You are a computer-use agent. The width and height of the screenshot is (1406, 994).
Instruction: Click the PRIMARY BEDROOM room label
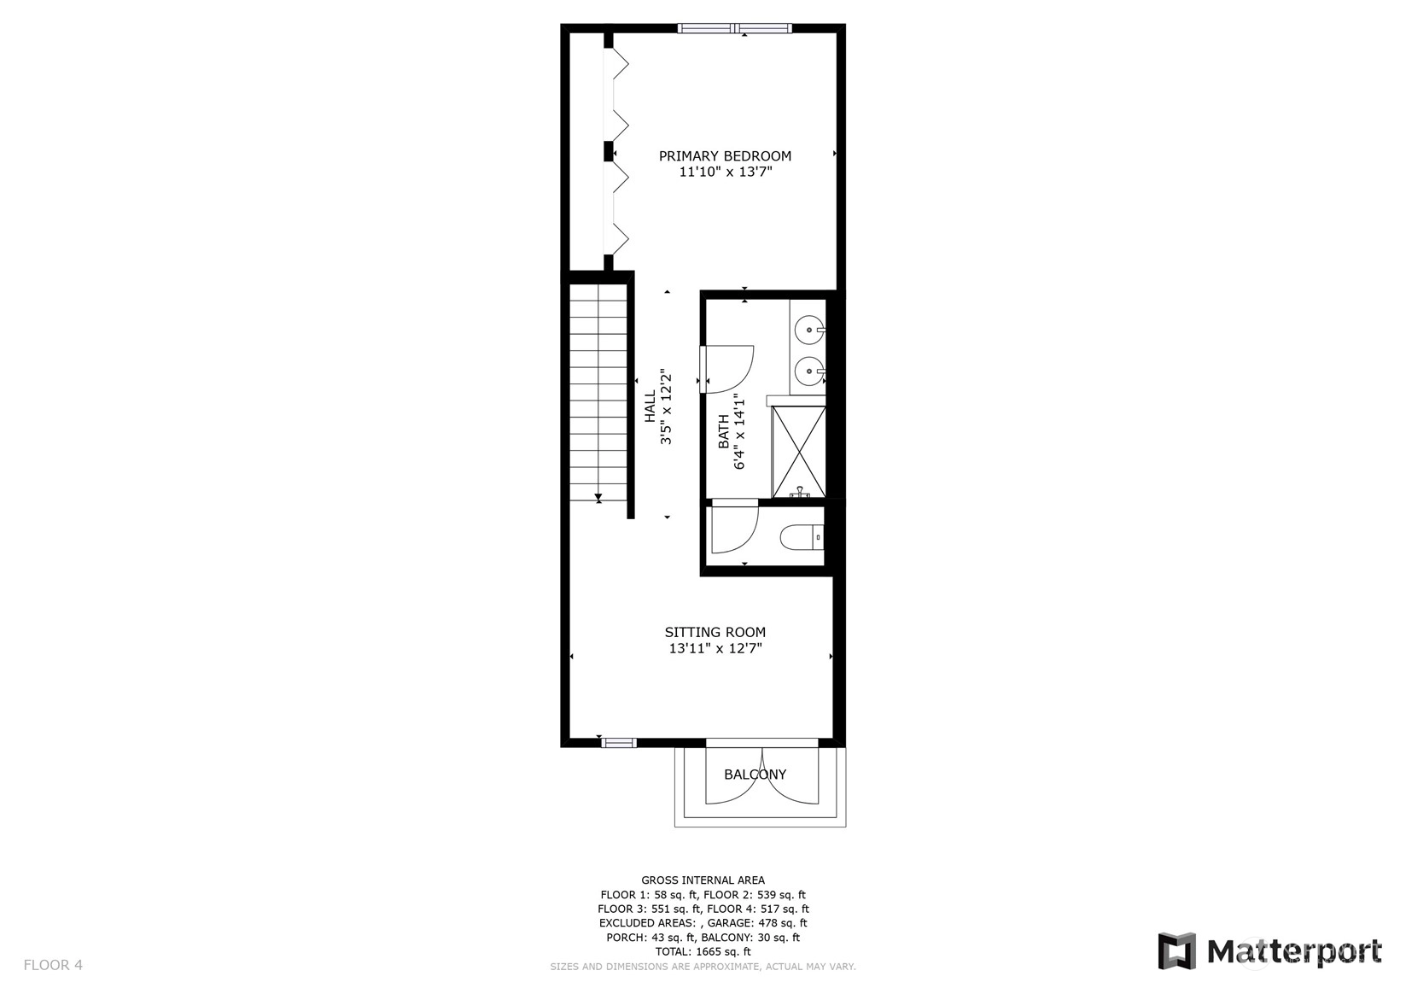coord(725,155)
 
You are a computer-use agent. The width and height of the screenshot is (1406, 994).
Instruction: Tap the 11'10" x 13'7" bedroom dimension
coord(725,172)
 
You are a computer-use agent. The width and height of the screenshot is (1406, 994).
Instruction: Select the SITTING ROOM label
coord(715,632)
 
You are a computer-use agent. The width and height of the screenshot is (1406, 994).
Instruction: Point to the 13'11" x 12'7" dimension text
coord(715,649)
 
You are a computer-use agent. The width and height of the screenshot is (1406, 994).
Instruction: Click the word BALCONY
coord(756,775)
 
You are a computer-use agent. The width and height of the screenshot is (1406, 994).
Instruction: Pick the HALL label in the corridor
coord(650,406)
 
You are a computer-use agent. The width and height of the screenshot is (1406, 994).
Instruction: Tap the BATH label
coord(723,431)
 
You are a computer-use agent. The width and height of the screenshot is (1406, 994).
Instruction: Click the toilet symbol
coord(802,537)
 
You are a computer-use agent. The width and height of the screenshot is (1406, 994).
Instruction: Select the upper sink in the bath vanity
coord(809,330)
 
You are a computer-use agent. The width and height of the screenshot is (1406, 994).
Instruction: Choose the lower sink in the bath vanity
coord(809,371)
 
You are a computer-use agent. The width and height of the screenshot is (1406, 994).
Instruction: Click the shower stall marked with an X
coord(798,452)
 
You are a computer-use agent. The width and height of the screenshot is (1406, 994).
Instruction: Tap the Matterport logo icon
coord(1177,951)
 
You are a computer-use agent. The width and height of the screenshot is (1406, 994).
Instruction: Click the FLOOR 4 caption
coord(53,965)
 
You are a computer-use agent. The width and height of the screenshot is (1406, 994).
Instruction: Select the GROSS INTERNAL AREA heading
coord(703,880)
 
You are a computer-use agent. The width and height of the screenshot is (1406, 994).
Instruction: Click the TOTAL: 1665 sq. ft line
coord(703,951)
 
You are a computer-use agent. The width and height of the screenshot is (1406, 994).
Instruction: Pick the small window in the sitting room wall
coord(618,744)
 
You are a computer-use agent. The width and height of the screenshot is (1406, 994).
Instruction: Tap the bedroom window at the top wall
coord(734,28)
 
